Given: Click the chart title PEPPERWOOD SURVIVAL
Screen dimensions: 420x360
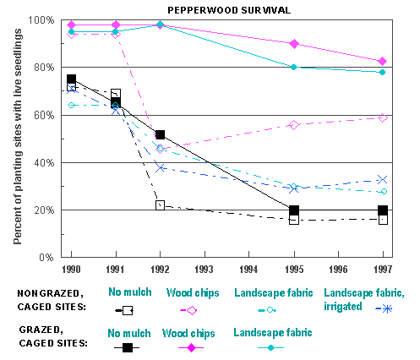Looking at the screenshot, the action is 229,10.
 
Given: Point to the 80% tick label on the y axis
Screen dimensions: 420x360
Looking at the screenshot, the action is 44,68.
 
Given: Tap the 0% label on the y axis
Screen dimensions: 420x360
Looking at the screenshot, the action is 46,258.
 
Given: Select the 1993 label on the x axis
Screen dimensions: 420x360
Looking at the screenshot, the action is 205,270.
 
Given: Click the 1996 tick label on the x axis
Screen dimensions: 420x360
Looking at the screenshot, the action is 338,270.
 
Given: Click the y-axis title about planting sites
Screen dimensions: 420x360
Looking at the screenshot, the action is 18,137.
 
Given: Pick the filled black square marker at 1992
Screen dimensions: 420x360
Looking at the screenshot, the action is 160,134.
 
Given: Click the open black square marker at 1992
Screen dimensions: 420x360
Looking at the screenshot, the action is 160,205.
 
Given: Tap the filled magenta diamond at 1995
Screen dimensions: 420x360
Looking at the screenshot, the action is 294,44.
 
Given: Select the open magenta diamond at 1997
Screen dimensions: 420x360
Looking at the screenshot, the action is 383,117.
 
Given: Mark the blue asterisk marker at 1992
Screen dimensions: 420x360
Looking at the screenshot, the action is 161,168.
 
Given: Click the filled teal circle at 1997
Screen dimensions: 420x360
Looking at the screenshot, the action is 383,73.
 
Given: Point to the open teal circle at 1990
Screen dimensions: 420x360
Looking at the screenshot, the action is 71,106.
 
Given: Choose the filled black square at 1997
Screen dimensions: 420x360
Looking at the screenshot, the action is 383,210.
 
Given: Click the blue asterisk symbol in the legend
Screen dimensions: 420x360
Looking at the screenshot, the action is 387,309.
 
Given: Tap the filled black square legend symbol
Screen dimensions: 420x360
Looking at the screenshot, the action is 128,347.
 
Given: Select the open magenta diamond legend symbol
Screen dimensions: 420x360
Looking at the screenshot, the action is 192,310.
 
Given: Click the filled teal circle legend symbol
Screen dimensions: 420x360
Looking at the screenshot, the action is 270,348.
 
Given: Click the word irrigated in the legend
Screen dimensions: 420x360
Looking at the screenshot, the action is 343,307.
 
